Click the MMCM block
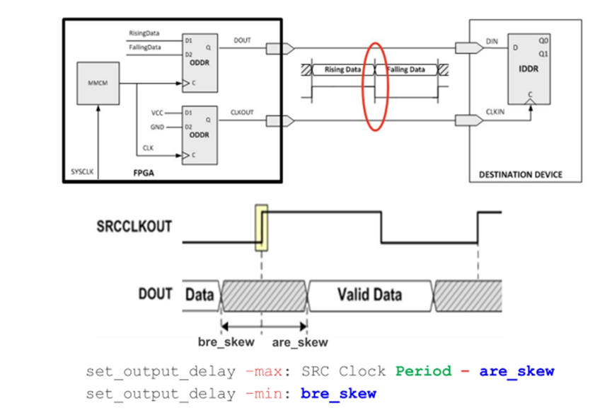coord(98,82)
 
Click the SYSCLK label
coord(82,172)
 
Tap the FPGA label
coord(144,172)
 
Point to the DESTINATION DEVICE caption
coord(520,174)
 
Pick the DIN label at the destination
coord(492,41)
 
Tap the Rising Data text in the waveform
coord(342,69)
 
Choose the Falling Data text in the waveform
coord(405,69)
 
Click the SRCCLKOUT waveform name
coord(134,227)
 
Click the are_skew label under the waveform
coord(300,342)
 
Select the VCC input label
coord(157,113)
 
